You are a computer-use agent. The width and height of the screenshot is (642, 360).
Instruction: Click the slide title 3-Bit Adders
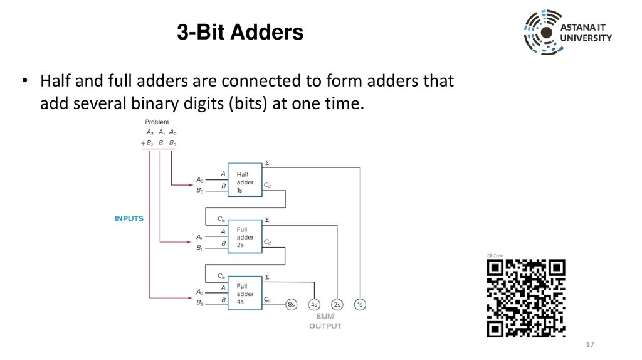click(x=239, y=32)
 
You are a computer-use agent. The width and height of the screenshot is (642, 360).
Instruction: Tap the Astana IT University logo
click(x=567, y=33)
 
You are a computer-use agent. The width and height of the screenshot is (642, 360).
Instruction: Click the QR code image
click(x=526, y=298)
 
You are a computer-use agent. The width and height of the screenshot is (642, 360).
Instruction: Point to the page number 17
click(x=589, y=346)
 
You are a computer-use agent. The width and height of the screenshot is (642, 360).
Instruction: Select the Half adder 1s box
click(x=245, y=182)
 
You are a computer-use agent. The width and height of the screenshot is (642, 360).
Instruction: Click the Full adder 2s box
click(x=245, y=238)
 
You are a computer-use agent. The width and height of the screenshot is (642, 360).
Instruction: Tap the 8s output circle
click(x=291, y=305)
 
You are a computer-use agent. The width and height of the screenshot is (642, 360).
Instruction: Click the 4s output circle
click(x=314, y=305)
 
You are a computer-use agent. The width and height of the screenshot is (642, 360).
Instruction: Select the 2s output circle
click(x=337, y=305)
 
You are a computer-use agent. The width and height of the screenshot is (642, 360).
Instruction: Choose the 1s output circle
click(x=360, y=305)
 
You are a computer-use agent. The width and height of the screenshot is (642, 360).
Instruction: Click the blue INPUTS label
click(x=129, y=219)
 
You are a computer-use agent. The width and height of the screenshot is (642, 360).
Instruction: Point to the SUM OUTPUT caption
click(x=325, y=321)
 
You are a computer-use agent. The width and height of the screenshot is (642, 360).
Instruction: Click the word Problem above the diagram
click(x=157, y=122)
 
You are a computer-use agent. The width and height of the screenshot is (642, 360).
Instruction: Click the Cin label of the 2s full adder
click(x=221, y=219)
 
